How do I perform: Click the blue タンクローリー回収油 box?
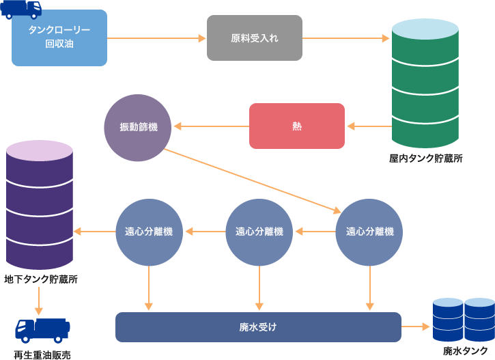(59, 38)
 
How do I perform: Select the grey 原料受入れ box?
(255, 38)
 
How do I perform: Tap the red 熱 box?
(296, 126)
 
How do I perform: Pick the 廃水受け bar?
(258, 327)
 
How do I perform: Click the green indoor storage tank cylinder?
(425, 85)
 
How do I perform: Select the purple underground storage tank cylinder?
(39, 205)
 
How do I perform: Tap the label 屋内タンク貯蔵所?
(425, 158)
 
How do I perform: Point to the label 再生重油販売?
(42, 354)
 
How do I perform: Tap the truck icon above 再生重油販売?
(42, 330)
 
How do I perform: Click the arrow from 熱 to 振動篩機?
(211, 126)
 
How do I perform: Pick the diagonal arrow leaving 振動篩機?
(253, 180)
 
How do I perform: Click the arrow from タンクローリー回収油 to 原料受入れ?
(156, 38)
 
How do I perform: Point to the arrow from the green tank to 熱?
(369, 126)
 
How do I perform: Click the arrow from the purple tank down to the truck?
(39, 301)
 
